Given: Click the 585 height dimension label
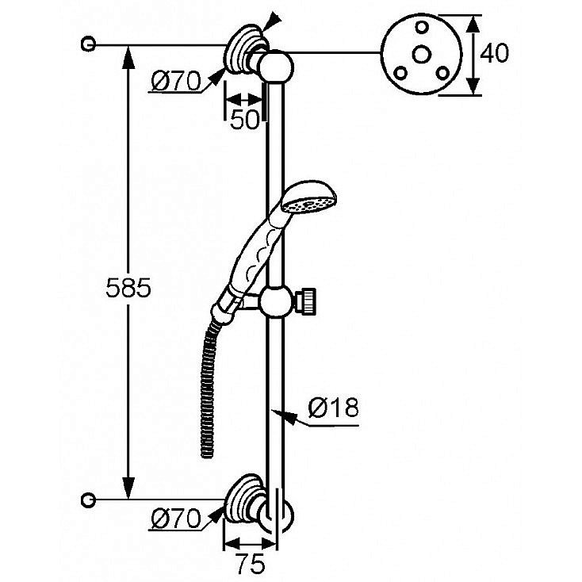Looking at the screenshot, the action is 128,288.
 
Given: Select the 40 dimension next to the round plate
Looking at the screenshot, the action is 494,52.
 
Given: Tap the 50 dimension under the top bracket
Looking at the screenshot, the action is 244,120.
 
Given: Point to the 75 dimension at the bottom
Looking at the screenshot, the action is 251,564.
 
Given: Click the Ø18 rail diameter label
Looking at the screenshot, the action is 333,408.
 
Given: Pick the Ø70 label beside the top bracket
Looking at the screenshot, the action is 176,82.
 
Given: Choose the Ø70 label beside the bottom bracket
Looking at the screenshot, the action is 176,519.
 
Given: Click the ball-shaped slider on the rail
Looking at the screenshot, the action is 276,302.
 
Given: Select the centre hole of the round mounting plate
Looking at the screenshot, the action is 421,55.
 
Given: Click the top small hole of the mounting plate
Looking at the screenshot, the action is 421,27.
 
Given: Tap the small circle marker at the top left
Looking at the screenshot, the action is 88,44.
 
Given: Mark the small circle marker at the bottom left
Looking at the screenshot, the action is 88,500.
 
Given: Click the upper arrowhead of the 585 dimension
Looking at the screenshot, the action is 128,56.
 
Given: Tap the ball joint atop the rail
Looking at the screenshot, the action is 278,67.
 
